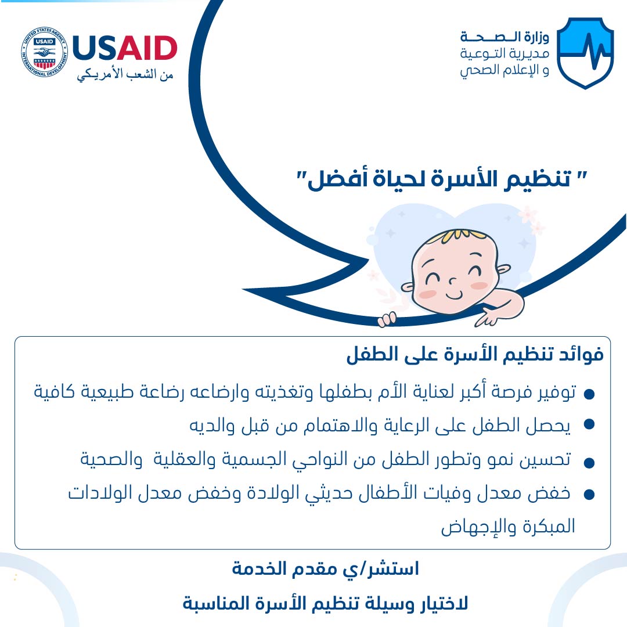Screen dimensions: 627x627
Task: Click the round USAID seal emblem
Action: coord(44,52)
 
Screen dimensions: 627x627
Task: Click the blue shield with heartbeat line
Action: coord(585,52)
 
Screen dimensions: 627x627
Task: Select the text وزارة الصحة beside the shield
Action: coord(505,37)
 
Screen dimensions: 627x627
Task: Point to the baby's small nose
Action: coord(452,281)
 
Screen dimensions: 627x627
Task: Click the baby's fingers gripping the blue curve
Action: coord(387,320)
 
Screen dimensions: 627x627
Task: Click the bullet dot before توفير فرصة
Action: coord(589,394)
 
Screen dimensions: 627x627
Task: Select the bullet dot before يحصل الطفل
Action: coord(589,424)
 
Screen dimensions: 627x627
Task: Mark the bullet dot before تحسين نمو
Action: coord(589,463)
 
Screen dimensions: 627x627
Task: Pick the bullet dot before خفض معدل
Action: coord(589,495)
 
